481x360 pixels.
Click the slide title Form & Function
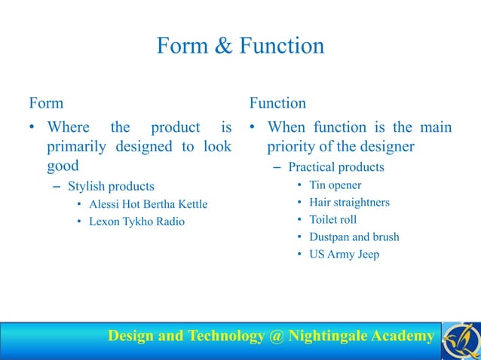click(240, 47)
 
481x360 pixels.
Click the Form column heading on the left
click(46, 102)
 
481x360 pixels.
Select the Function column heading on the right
click(277, 102)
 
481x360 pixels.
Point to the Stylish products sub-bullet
click(111, 186)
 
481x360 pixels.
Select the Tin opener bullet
click(335, 185)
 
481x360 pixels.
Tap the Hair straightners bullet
click(349, 202)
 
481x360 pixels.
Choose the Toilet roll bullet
click(332, 219)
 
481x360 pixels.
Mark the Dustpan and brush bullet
click(354, 236)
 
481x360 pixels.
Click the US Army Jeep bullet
click(344, 254)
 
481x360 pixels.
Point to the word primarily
click(78, 146)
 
